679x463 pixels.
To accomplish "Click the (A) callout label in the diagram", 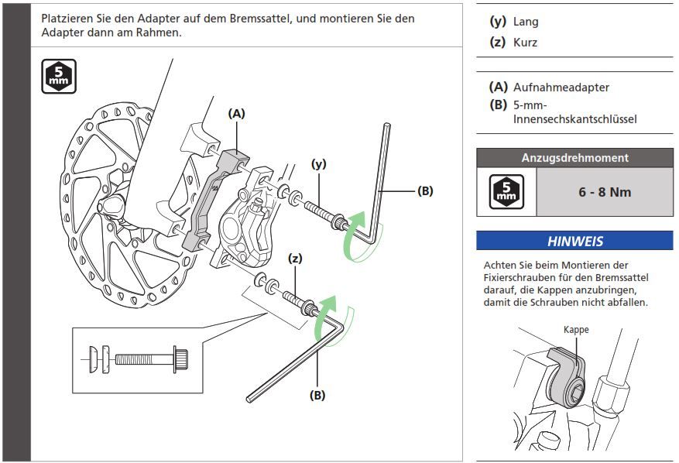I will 236,113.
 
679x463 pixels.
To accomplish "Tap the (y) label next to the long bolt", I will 318,163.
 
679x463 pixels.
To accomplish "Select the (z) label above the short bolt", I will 295,259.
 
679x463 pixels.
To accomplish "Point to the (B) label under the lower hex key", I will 317,394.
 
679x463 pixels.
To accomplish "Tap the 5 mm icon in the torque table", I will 506,192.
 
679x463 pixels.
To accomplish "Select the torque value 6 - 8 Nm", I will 605,192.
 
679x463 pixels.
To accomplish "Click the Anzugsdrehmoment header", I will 574,158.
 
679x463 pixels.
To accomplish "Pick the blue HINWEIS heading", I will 574,241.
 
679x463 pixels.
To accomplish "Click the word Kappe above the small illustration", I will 575,329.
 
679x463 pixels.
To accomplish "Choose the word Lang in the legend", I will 526,22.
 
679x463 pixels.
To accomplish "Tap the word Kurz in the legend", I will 525,43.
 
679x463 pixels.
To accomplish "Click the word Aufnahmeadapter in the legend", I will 561,88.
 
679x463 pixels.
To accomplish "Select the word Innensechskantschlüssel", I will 574,118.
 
